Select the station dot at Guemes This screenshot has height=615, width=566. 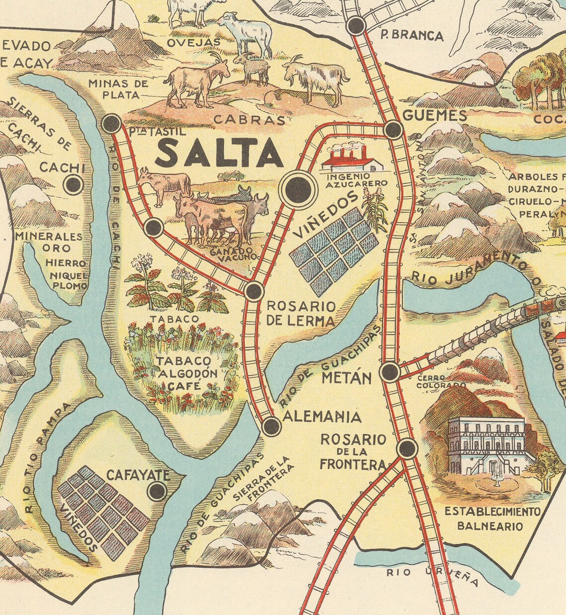pos(393,130)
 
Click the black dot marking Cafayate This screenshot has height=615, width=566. pos(157,491)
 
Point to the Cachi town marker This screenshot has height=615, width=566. pos(73,185)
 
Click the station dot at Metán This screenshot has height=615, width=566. pos(389,372)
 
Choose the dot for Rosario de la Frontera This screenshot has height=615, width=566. pos(407,448)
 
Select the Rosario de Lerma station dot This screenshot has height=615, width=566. pos(254,291)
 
